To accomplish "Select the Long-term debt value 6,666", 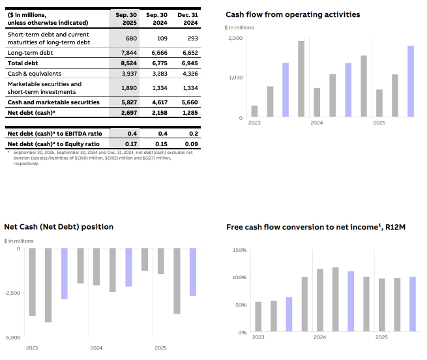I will (x=156, y=53).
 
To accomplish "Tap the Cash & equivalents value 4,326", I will (x=188, y=74).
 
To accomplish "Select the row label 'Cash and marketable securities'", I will (x=53, y=102).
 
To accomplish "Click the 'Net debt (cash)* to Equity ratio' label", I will (x=53, y=143).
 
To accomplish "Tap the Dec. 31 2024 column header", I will (x=188, y=18).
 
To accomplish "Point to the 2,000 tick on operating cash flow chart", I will (x=235, y=38).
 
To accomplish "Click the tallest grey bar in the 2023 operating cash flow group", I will (x=301, y=79).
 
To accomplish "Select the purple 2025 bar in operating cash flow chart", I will (x=411, y=82).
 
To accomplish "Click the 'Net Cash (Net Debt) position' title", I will (x=59, y=227).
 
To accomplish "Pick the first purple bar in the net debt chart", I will (x=64, y=274).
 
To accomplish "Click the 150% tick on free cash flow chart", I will (x=239, y=250).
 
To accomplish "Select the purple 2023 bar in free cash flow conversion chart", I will (x=289, y=314).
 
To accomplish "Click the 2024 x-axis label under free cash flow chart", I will (x=319, y=338).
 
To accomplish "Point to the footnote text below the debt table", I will (x=91, y=158).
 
